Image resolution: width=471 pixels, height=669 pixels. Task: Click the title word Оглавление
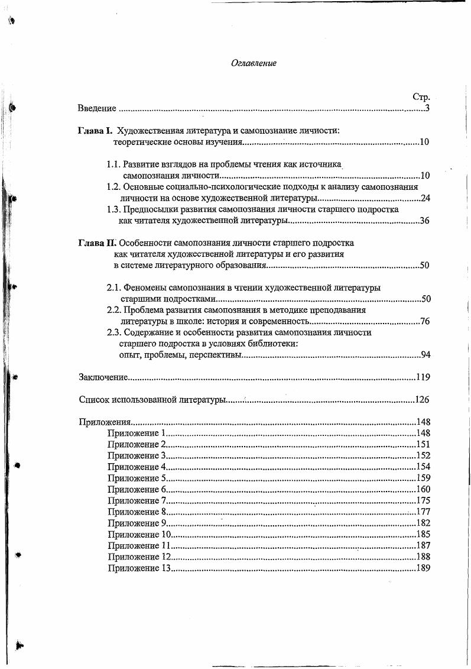tap(254, 63)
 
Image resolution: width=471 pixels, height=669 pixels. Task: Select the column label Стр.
tap(420, 97)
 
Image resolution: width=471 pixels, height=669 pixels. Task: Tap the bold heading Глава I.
tap(95, 131)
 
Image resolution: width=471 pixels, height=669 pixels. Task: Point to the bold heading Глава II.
tap(97, 243)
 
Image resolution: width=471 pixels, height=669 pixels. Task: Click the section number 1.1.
tap(113, 164)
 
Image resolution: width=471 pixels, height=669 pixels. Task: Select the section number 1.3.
tap(113, 209)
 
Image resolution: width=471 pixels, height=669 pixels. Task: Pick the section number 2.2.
tap(113, 310)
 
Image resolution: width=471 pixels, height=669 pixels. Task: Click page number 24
tap(424, 198)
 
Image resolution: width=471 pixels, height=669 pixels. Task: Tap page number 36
tap(424, 221)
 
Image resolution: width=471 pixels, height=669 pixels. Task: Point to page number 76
tap(424, 321)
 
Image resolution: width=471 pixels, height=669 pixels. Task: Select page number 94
tap(424, 355)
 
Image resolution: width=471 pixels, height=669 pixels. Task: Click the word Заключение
tap(103, 377)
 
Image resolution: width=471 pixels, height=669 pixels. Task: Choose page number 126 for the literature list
tap(421, 400)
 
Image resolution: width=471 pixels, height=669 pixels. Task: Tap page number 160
tap(423, 489)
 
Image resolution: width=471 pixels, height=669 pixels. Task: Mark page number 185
tap(423, 534)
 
